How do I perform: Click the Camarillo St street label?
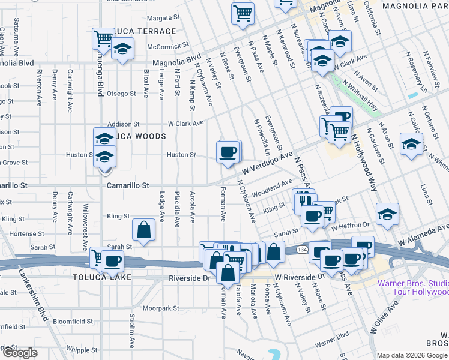pos(127,186)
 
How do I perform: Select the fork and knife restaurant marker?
pos(301,199)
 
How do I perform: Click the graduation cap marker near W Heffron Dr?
pos(387,214)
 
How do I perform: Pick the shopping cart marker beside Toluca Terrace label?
pos(103,39)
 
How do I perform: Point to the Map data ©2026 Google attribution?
pos(412,355)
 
